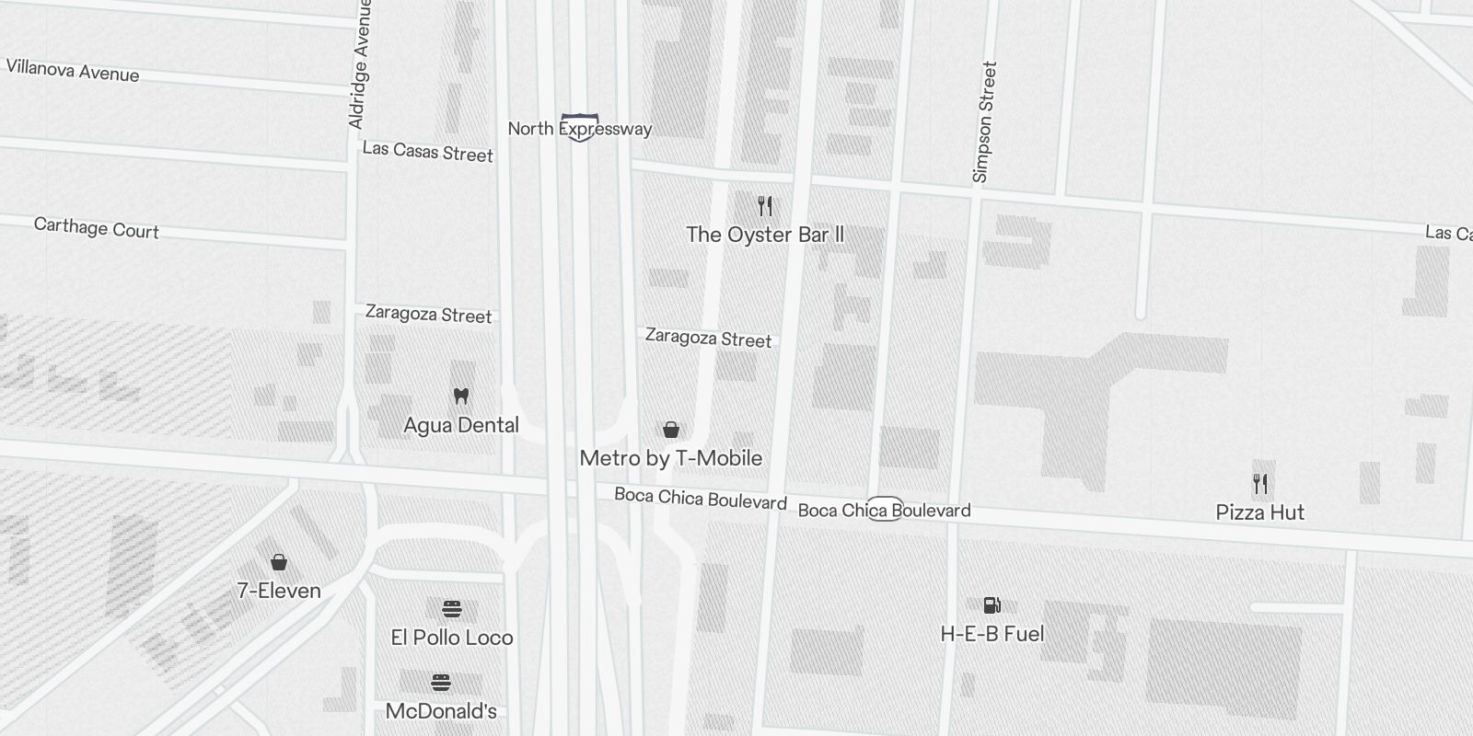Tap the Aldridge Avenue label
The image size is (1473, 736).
click(x=359, y=64)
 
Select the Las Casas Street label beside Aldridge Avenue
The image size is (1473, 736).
click(x=427, y=152)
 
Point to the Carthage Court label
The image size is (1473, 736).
click(x=96, y=228)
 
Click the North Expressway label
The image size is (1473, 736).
click(x=579, y=129)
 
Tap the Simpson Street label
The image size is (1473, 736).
click(x=984, y=121)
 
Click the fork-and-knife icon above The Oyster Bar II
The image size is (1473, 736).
click(x=765, y=205)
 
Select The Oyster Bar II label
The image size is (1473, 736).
click(x=765, y=235)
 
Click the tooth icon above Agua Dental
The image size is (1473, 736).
click(x=461, y=397)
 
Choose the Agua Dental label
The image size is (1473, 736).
click(x=461, y=425)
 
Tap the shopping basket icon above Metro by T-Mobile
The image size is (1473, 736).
click(x=671, y=430)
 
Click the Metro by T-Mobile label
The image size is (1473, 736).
click(x=671, y=458)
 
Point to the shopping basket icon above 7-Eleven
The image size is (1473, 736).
click(x=279, y=562)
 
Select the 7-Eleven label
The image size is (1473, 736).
click(x=279, y=591)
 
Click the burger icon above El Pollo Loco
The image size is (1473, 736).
click(x=451, y=609)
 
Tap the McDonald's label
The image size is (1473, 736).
click(x=441, y=711)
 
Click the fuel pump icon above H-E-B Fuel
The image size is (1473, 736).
click(x=992, y=605)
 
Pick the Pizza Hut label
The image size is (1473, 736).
click(x=1259, y=512)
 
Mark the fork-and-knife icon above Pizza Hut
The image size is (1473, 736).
click(x=1260, y=484)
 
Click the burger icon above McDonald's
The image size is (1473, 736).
click(x=441, y=683)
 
